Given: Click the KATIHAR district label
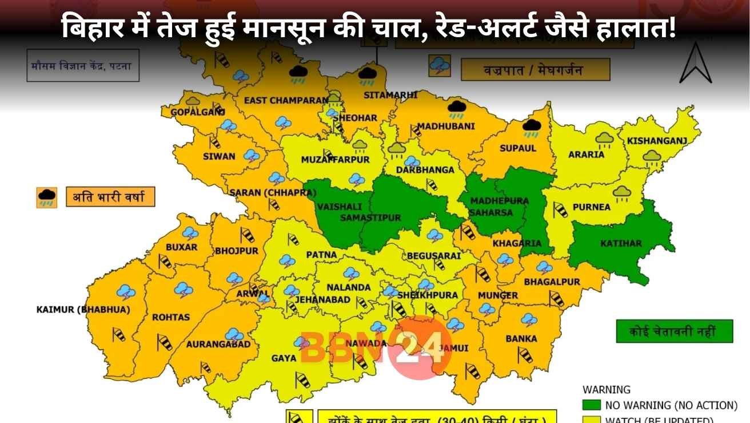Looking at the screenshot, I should click(621, 243).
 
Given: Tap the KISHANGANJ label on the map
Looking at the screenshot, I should click(656, 140).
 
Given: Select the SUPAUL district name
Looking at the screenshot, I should click(518, 148).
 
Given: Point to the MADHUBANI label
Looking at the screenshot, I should click(438, 126).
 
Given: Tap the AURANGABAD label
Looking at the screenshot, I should click(218, 344).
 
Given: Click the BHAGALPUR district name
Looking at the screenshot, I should click(552, 282).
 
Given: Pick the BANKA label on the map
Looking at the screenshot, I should click(521, 338).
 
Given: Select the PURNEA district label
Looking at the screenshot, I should click(591, 207).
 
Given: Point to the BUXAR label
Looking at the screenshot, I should click(181, 247).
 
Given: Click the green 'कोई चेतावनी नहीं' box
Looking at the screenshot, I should click(674, 331).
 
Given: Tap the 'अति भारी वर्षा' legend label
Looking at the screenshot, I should click(110, 198).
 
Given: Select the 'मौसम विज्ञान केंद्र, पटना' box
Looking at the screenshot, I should click(81, 66).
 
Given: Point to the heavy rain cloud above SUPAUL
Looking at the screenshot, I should click(532, 128).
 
